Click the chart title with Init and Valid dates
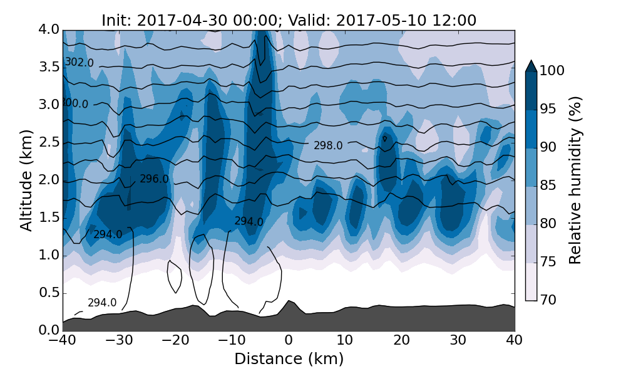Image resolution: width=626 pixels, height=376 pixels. point(289,20)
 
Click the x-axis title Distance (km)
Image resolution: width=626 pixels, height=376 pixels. point(289,359)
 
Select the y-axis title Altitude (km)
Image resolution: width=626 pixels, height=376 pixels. point(26,180)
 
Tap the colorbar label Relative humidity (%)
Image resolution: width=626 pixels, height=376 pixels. point(575,180)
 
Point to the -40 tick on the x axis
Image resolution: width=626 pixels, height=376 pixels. point(63,340)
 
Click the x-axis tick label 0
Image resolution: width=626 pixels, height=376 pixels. point(289,340)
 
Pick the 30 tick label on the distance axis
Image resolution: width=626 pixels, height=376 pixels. point(458,340)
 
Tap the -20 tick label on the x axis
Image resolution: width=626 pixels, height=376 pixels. point(175,340)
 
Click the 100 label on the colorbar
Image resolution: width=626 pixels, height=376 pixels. point(552,71)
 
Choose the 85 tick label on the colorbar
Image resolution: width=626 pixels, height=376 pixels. point(548,185)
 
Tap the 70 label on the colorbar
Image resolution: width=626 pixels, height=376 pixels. point(548,300)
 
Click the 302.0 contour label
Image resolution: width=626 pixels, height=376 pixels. point(80,63)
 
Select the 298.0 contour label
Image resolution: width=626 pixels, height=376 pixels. point(328,145)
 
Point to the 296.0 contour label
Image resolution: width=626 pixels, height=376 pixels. point(154,179)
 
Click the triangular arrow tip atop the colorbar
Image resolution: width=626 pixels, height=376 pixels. point(531,66)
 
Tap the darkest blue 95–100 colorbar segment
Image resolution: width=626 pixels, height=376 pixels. point(531,91)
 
